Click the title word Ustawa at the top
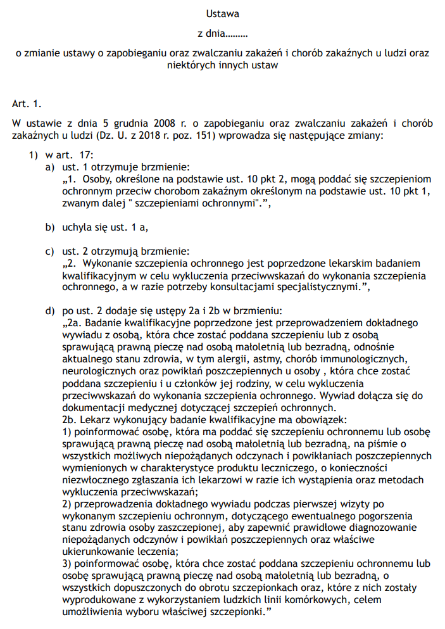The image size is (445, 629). (222, 13)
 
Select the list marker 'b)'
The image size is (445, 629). (49, 226)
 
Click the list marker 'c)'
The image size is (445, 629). (49, 251)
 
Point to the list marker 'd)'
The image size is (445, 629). (49, 310)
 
